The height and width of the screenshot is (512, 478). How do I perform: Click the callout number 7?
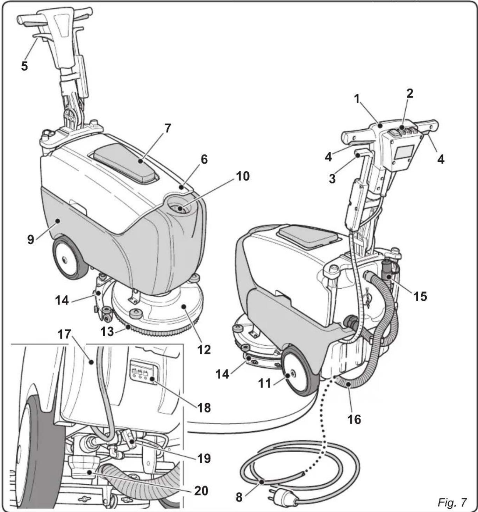pos(168,128)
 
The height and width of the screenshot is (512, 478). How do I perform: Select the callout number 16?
pos(354,418)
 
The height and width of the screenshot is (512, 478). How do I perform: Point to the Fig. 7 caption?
pos(452,503)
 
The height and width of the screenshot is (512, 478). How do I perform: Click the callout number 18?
pos(204,407)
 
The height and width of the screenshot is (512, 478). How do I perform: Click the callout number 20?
pos(201,491)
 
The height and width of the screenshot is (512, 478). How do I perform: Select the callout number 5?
pos(24,65)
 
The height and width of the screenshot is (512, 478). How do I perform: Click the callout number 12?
pos(204,349)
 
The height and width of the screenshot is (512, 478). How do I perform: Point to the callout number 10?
pos(243,176)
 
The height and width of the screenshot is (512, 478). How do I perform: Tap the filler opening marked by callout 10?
pos(180,209)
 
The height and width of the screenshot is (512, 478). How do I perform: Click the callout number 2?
pos(409,93)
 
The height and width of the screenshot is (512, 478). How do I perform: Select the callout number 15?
pos(420,296)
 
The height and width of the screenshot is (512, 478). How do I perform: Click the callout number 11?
pos(265,383)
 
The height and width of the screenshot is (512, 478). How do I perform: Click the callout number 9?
pos(31,239)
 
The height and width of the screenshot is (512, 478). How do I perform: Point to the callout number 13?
pos(107,331)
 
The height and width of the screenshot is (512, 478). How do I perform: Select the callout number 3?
pos(332,179)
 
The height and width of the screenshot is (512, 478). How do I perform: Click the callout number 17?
pos(64,334)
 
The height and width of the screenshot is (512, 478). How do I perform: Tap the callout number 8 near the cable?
pos(239,497)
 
